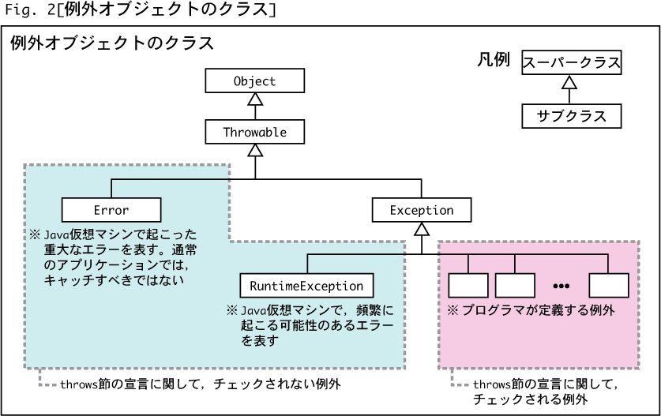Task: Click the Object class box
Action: coord(254,81)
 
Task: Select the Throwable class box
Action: coord(254,132)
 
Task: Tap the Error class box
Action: coord(111,210)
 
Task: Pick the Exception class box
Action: coord(422,210)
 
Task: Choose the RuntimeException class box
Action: coord(306,286)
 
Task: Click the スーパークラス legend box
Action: coord(571,62)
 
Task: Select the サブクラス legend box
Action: coord(571,116)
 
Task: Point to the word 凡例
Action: coord(494,59)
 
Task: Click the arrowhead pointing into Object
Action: coord(255,99)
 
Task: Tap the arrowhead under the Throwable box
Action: coord(255,151)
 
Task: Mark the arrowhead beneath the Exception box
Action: coord(422,229)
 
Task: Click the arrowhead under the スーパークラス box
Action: coord(569,82)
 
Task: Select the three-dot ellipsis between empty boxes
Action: coord(561,287)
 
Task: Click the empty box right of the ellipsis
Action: coord(609,286)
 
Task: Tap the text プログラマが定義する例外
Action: coord(539,310)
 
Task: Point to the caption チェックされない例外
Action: coord(277,384)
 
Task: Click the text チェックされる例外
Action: coord(531,399)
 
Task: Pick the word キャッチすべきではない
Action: coord(114,280)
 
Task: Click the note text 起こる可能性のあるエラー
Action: coord(317,325)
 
